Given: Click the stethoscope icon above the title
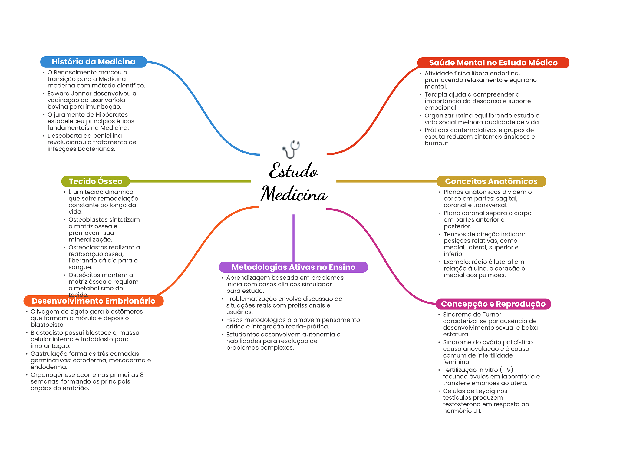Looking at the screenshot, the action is [291, 149].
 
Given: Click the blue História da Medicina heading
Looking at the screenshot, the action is [93, 62].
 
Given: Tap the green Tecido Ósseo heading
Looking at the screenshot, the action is [95, 181].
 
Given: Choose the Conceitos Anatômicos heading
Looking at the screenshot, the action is [491, 181].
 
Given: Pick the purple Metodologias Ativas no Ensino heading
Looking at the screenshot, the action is [293, 267].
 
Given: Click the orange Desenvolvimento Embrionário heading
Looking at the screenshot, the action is [93, 301].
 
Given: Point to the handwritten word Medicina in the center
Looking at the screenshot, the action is [294, 194].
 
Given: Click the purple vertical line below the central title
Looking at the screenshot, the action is [293, 238].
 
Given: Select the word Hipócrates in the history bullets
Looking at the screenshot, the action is [111, 115].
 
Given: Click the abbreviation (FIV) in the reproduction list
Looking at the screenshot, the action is [506, 370].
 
